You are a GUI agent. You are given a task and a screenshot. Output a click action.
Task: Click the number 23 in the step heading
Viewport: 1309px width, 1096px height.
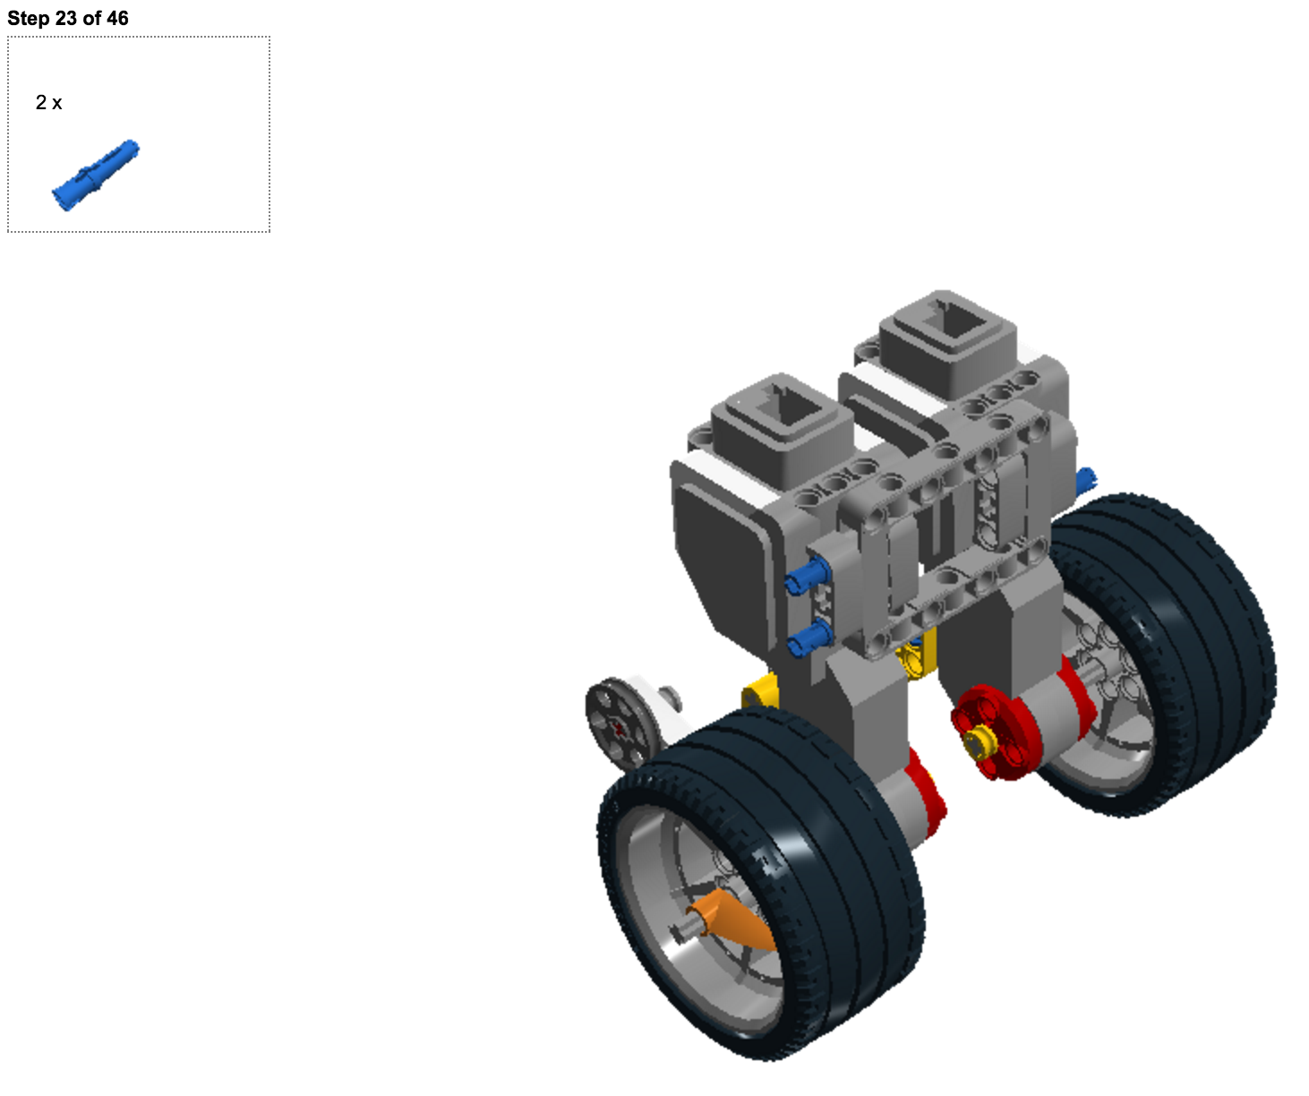pos(65,18)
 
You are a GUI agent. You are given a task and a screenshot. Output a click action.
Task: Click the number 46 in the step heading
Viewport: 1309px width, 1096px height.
pos(117,18)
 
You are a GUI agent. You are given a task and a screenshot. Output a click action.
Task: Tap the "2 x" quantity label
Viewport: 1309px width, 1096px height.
pos(49,102)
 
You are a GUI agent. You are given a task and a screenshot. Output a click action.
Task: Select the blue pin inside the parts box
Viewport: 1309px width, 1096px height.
pos(95,175)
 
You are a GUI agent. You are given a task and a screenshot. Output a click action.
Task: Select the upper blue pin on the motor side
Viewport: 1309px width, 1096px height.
pos(807,576)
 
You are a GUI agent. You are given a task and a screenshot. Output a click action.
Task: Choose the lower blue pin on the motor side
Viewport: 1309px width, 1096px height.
pos(808,637)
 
